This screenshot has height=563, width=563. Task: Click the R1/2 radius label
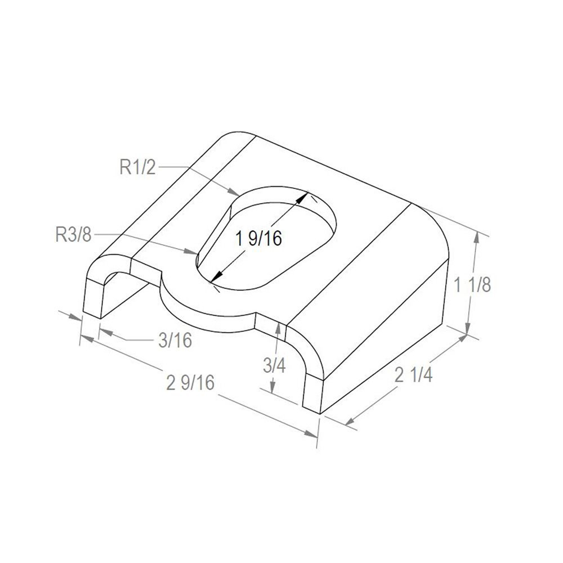(138, 167)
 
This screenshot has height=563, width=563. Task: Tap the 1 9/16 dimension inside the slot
(259, 238)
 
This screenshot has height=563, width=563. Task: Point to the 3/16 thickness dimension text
(175, 340)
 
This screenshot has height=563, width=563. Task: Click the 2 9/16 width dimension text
(190, 382)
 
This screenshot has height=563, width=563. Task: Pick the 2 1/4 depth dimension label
(414, 374)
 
